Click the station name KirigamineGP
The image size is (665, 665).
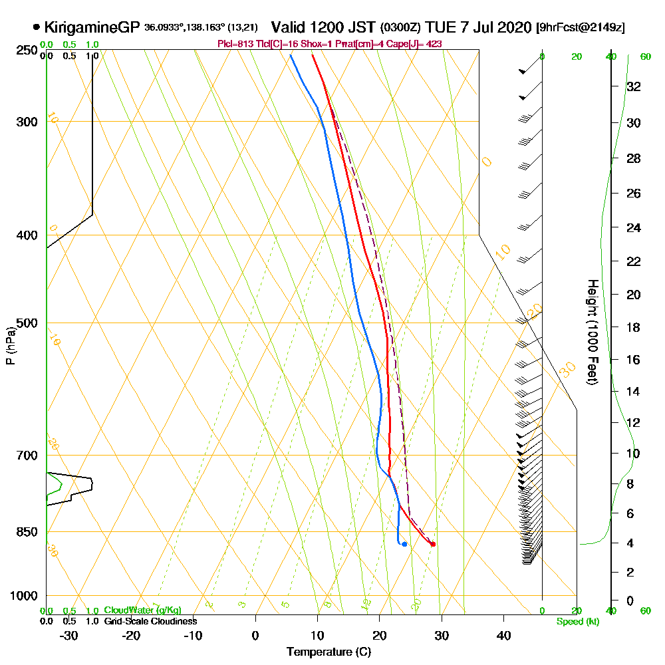[92, 27]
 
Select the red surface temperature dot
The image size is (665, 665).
[433, 544]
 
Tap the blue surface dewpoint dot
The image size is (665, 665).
[404, 544]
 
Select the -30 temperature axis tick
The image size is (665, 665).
[69, 635]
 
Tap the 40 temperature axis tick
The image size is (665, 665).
[503, 635]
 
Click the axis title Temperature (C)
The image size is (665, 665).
[329, 652]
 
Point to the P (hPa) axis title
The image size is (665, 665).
[10, 345]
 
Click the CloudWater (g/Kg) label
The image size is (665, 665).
[142, 610]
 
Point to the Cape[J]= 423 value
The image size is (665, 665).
[418, 43]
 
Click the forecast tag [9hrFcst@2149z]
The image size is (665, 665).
[580, 28]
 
